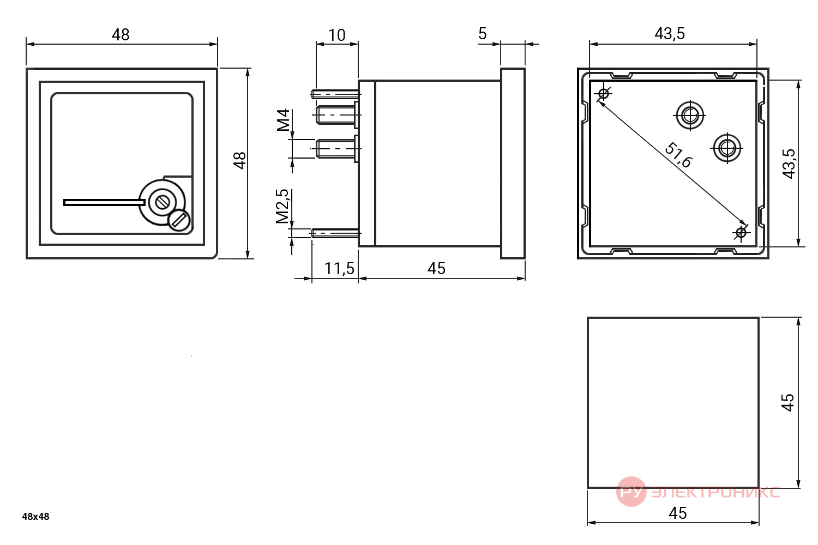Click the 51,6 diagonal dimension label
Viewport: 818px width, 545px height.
[x=678, y=155]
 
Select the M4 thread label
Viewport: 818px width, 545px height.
[x=283, y=120]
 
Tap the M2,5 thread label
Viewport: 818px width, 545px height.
[x=282, y=206]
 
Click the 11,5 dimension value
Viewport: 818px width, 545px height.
[x=339, y=269]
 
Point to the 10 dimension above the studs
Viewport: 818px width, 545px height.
[x=336, y=35]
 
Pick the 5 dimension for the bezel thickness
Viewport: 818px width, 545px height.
[x=483, y=34]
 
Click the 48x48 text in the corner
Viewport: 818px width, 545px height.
[x=35, y=517]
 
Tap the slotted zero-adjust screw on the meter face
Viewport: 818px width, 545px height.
[x=179, y=221]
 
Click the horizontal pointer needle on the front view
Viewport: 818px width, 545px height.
[x=105, y=203]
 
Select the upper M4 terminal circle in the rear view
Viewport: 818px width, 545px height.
[x=690, y=116]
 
